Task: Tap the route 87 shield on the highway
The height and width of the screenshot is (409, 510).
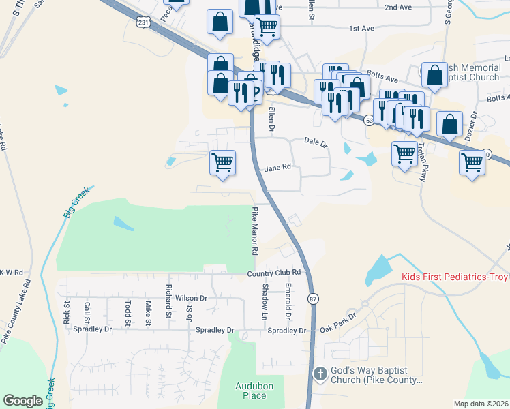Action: click(313, 299)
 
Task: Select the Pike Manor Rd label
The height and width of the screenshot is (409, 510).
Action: click(254, 231)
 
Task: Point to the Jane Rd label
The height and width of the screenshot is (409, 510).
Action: click(277, 168)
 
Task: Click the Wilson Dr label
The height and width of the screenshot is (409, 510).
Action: click(191, 298)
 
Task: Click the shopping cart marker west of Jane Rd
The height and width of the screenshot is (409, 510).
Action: click(222, 163)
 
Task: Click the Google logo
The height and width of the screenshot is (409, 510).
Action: click(22, 401)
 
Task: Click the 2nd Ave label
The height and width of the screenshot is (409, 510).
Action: click(399, 7)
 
